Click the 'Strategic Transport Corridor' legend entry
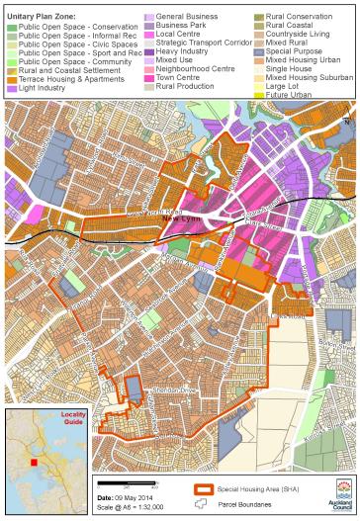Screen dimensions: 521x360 198,41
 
